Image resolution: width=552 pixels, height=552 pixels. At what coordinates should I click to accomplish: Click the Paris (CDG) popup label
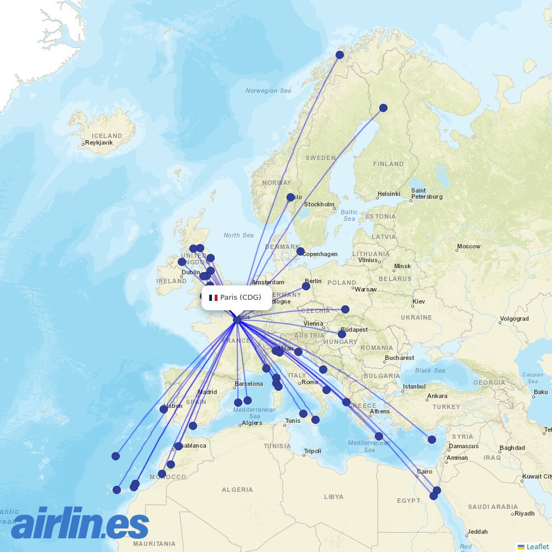point(241,298)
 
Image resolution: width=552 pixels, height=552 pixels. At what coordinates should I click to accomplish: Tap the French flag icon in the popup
point(213,298)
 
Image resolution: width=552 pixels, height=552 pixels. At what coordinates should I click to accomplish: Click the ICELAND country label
point(107,135)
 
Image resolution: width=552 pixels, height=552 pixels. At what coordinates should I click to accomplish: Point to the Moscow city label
point(469,246)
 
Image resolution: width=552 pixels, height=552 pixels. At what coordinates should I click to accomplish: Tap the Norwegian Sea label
point(268,91)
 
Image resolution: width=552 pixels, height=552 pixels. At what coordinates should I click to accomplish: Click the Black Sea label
point(430,370)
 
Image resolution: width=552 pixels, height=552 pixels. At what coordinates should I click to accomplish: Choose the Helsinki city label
point(389,194)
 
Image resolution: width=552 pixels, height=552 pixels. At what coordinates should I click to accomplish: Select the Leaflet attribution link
point(537,546)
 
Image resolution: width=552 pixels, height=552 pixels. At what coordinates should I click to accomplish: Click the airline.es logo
point(80,523)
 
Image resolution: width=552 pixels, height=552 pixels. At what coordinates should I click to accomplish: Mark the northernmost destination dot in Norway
point(339,55)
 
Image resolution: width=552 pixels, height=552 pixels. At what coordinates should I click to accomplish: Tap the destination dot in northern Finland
point(383,108)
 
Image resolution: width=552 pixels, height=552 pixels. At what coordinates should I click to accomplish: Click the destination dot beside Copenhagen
point(300,251)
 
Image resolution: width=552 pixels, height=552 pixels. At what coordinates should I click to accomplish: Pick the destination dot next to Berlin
point(306,286)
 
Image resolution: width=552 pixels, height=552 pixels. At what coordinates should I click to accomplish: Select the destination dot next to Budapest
point(342,334)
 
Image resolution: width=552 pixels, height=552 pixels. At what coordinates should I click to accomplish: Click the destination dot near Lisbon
point(163,409)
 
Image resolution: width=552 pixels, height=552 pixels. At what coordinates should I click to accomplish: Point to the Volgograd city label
point(514,319)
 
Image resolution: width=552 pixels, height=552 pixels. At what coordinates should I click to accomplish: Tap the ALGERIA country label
point(237,490)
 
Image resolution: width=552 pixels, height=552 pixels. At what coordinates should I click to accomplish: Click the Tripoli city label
point(312,451)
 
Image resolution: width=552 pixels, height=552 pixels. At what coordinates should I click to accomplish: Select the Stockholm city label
point(319,204)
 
